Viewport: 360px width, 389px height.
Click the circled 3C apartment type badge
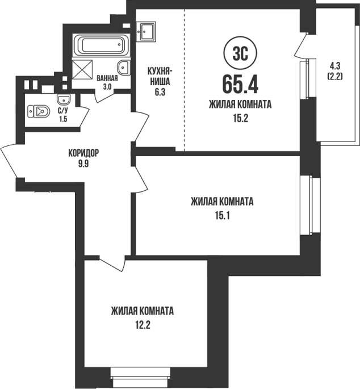tap(240, 53)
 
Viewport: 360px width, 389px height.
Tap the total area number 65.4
tap(240, 84)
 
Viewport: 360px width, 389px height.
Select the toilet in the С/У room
tap(39, 111)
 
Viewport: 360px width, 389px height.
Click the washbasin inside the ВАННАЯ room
tap(124, 68)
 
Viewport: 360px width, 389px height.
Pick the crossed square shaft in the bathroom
tap(82, 69)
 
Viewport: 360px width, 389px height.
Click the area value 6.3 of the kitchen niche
tap(160, 93)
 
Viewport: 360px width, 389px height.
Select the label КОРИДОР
tap(83, 153)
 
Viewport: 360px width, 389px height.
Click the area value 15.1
tap(222, 216)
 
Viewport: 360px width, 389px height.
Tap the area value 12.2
tap(143, 325)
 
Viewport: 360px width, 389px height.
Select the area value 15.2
tap(241, 119)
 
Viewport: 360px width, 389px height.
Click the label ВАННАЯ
tap(107, 78)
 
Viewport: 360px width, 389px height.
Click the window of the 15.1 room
tap(309, 204)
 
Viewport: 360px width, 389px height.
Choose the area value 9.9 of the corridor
tap(83, 164)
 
